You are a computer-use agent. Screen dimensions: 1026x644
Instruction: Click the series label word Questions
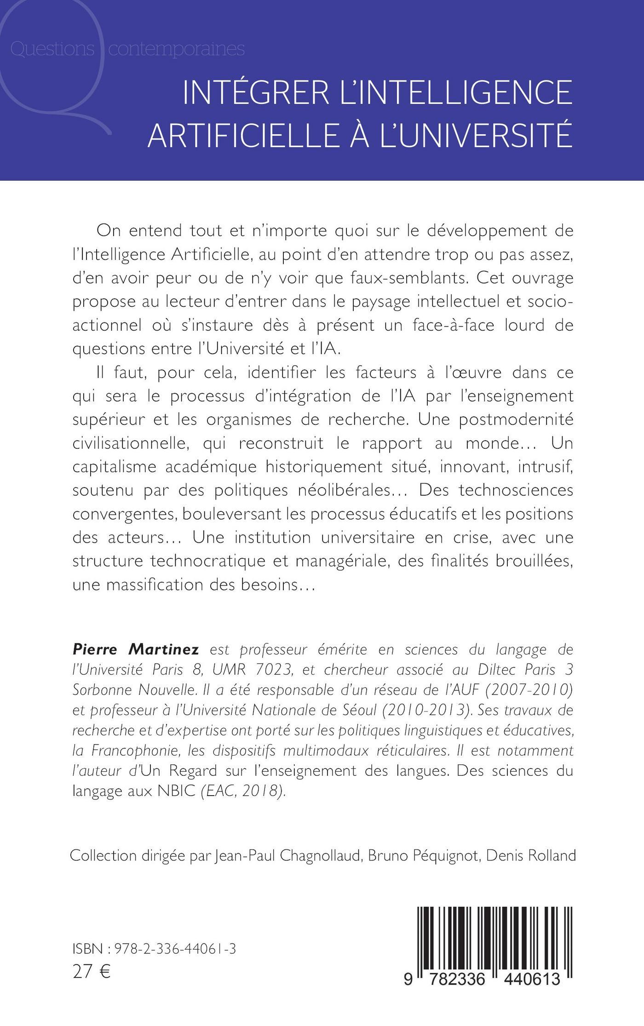(52, 49)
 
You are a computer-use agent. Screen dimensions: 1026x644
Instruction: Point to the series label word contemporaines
(176, 49)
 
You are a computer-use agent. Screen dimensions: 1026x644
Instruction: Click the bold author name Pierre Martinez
(136, 650)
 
